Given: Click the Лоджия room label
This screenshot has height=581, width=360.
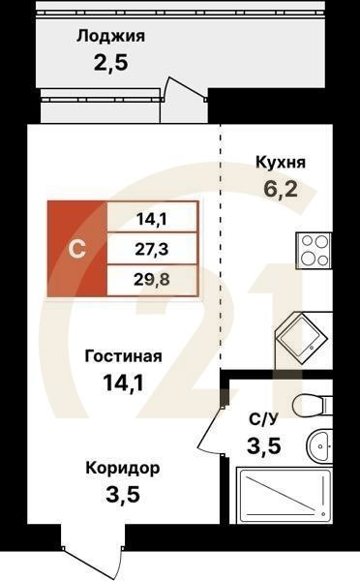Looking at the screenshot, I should pyautogui.click(x=111, y=37).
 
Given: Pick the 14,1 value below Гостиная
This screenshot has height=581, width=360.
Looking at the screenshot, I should pyautogui.click(x=123, y=383).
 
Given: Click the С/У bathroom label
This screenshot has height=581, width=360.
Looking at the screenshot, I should pyautogui.click(x=263, y=419).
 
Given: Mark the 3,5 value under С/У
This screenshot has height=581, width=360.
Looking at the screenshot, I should pyautogui.click(x=263, y=447).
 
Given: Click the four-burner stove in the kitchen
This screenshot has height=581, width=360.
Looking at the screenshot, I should pyautogui.click(x=315, y=252).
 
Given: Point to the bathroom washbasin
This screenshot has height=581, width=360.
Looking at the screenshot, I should pyautogui.click(x=320, y=446).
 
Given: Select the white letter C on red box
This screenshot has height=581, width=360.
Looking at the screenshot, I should pyautogui.click(x=77, y=248).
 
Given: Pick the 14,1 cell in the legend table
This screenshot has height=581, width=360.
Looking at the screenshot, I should pyautogui.click(x=152, y=218).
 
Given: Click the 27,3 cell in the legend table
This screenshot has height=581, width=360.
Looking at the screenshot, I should pyautogui.click(x=152, y=249).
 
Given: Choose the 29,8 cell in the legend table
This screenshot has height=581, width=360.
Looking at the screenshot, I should pyautogui.click(x=152, y=281).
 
